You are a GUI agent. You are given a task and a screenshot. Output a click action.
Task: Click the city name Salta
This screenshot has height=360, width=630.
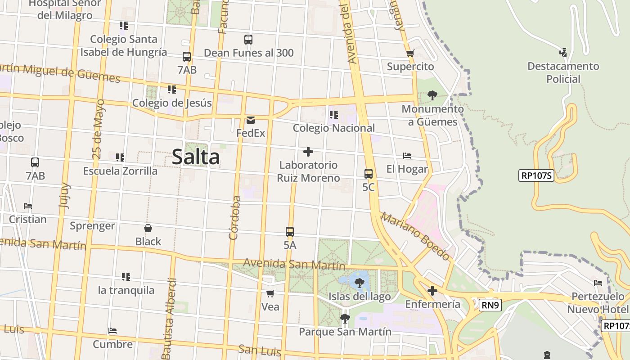pos(196,157)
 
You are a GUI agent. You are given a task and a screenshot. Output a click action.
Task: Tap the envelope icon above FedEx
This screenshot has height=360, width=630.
pos(251,120)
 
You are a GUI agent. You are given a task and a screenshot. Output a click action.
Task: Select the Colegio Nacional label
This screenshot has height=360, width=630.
pos(333,128)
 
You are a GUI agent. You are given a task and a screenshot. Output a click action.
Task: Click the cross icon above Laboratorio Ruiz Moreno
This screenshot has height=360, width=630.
pos(308,151)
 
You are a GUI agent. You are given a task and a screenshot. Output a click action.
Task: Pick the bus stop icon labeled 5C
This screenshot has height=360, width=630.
pos(369,173)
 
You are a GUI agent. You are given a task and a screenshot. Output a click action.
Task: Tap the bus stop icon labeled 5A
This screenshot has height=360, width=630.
pos(290,232)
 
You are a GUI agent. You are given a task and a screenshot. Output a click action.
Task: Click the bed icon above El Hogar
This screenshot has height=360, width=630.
pos(407,156)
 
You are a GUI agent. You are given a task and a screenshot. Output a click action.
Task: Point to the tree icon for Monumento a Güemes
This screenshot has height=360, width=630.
pos(432,95)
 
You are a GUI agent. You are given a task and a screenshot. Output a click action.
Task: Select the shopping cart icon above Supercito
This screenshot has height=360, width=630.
pos(410,53)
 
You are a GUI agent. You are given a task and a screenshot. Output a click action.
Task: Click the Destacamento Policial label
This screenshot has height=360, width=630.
pos(563,72)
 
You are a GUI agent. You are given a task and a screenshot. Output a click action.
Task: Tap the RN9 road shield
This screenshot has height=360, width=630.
pos(489,306)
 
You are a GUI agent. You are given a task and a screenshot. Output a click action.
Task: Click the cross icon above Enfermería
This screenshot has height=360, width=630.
pos(432,291)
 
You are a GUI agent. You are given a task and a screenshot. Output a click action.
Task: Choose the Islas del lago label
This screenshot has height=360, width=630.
pos(359,297)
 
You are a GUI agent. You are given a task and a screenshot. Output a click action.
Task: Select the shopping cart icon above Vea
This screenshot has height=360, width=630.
pos(270,294)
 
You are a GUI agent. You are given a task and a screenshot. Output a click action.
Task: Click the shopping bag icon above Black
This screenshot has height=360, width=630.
pos(148,228)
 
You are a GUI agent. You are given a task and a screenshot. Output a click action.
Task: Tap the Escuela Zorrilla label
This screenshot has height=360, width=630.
pos(120,171)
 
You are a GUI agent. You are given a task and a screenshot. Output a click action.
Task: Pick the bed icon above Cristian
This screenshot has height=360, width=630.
pos(28,206)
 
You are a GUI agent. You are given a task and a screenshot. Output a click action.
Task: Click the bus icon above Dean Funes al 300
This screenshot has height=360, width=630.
pos(248,39)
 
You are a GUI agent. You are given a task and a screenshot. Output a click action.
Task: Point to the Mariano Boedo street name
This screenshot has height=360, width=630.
pos(415,236)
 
